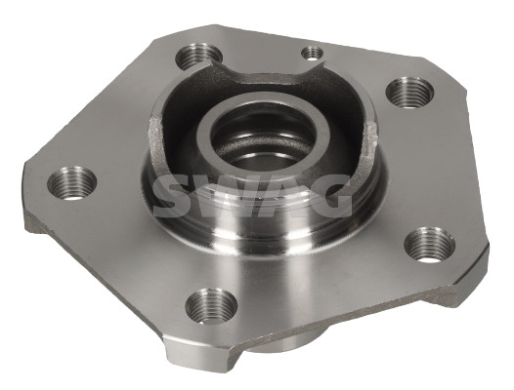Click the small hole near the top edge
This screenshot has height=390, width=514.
(x=312, y=54)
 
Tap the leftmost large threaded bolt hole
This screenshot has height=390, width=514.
(x=71, y=183)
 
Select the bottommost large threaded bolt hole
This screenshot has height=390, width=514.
(x=211, y=305)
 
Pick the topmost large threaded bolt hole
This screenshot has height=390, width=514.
(x=198, y=56)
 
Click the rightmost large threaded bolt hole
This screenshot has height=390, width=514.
(x=429, y=246)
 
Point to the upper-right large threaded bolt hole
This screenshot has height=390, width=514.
(x=409, y=92)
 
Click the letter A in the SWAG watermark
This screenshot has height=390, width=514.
(x=281, y=196)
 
